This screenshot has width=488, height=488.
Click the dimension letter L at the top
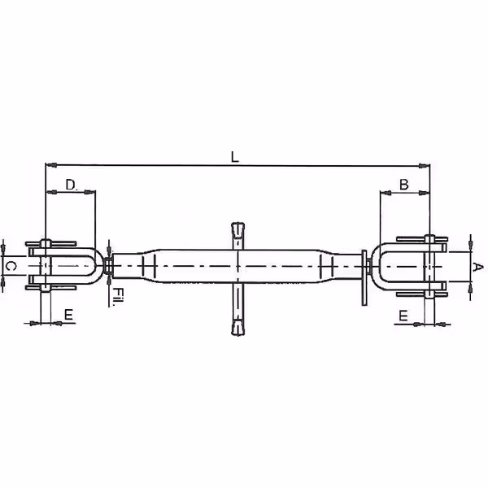point(235,157)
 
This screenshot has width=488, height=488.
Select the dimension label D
point(72,185)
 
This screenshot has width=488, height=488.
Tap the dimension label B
point(403,185)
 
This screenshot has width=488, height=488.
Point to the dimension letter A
point(477,267)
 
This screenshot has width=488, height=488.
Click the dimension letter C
point(11,266)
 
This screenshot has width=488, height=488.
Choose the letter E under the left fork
point(68,315)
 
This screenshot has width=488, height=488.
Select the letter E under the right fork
point(403,316)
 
